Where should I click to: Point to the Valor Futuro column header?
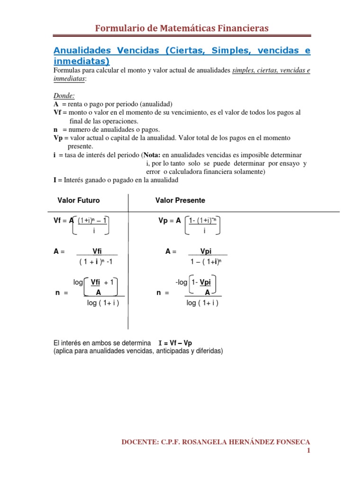point(79,200)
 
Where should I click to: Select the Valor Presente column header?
point(180,200)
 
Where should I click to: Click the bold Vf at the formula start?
point(57,220)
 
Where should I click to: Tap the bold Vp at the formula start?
point(162,220)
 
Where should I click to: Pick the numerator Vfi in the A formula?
point(97,252)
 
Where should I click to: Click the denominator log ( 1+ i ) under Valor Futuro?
point(103,303)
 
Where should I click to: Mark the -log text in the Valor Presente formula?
point(182,282)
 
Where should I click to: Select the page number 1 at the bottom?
point(308,451)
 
